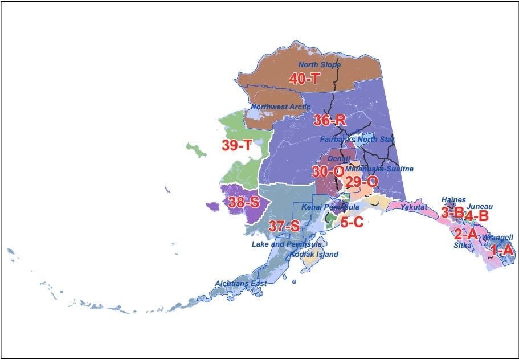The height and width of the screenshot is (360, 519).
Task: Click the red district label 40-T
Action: coord(305,79)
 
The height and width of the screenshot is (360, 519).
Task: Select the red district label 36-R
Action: coord(329,121)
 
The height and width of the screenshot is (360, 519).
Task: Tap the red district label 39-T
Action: coord(237,145)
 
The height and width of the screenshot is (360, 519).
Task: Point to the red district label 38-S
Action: coord(244,202)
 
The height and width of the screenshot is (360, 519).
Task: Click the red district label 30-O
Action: coord(328,171)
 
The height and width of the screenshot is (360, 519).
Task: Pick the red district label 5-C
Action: coord(352,222)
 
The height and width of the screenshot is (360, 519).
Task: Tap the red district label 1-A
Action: coord(501,249)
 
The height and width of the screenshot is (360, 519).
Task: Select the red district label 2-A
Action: coord(465,234)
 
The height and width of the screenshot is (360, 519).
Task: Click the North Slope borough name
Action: coord(320,65)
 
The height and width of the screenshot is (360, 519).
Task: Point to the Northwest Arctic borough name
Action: coord(281,107)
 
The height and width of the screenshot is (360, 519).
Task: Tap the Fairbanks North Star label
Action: coord(357,139)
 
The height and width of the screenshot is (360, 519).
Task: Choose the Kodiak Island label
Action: coord(314,254)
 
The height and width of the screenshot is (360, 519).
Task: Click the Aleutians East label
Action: coord(240,283)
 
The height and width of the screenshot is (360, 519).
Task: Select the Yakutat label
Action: coord(414,207)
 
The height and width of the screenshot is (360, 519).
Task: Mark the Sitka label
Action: coord(462,245)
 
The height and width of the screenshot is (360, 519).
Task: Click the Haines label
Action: coord(453,200)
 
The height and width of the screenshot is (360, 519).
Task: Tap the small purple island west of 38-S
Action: coord(213,206)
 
